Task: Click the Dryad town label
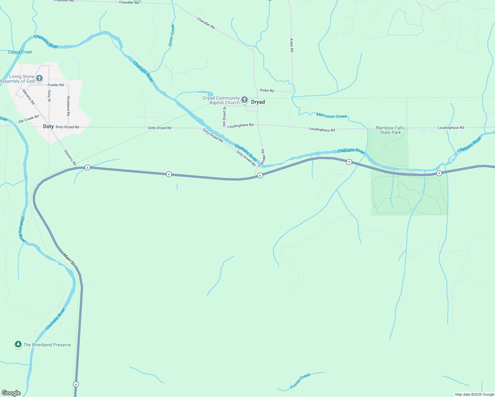coord(258,102)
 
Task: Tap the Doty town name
coord(48,127)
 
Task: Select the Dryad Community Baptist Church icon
coord(245,100)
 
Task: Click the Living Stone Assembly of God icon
coord(39,78)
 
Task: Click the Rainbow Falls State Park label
coord(390,130)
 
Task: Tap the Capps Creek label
coord(20,52)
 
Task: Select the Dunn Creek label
coord(171,35)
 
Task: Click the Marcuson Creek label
coord(332,116)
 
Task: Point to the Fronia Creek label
coord(300,380)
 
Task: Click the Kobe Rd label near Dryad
coord(267,90)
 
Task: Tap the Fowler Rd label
coord(56,85)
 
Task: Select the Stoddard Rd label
coord(68,106)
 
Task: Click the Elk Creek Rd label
coord(29,119)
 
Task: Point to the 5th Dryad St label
coord(224,116)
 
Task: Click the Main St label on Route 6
coord(69,259)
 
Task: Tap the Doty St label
coord(49,96)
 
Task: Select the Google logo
coord(11,393)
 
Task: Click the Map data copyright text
coord(474,394)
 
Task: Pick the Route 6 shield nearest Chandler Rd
coord(260,176)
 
